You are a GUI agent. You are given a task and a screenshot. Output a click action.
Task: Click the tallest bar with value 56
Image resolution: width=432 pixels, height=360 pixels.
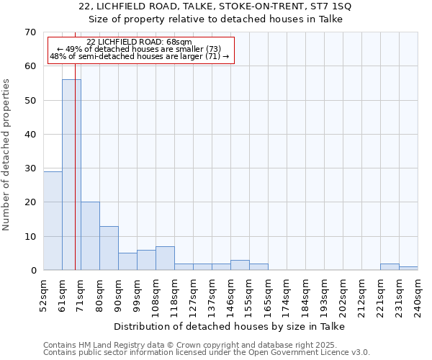71,174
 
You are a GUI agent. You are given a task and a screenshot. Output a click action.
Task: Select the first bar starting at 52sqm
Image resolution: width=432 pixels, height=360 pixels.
53,220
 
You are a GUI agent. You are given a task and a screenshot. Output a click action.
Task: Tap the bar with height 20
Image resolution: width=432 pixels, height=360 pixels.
90,235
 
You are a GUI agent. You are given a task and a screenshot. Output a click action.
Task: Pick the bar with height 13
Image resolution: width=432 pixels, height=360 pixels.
109,248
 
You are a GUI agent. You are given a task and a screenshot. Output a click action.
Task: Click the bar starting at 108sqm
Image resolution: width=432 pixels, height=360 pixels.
165,258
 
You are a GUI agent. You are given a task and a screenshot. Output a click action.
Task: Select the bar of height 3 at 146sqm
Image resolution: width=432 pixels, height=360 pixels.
240,265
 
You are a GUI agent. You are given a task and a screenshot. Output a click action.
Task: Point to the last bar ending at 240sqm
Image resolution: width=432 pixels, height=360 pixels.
408,268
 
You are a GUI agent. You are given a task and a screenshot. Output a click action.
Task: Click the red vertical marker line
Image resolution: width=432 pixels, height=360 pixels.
75,144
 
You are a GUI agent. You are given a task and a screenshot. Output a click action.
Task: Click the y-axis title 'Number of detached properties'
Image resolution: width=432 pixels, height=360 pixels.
7,155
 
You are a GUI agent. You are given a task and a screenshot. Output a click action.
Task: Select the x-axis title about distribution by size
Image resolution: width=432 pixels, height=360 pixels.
230,326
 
